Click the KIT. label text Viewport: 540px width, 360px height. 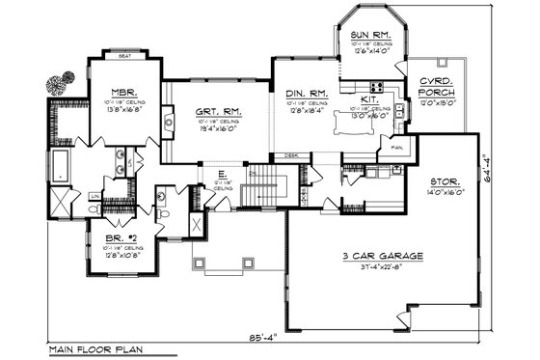[x=369, y=98]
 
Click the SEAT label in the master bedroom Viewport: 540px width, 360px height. [x=124, y=56]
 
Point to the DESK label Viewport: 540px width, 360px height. [x=291, y=155]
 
